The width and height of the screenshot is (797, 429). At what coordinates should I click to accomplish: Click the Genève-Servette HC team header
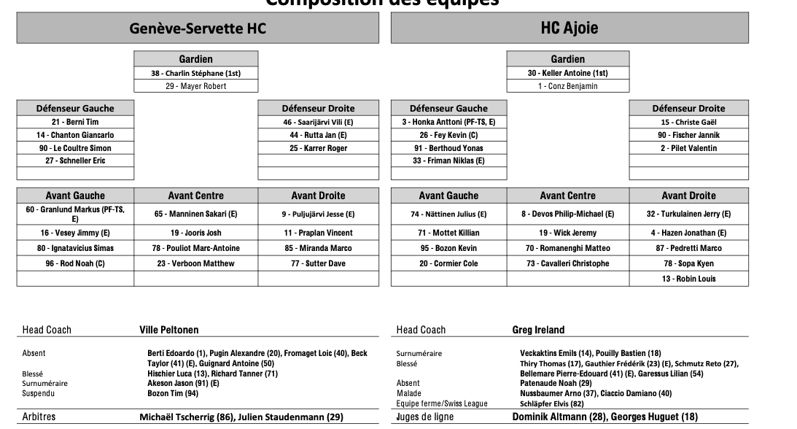click(x=198, y=28)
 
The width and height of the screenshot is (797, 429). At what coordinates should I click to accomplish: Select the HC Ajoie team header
click(x=569, y=28)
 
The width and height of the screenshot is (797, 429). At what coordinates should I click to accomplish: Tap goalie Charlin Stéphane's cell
click(x=196, y=73)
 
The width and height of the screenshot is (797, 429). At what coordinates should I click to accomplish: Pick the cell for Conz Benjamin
click(x=568, y=86)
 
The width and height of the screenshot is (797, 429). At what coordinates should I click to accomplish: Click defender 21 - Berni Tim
click(x=75, y=123)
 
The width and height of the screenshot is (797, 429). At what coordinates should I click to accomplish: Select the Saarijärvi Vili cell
click(x=318, y=123)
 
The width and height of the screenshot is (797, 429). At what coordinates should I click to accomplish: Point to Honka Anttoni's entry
click(x=448, y=123)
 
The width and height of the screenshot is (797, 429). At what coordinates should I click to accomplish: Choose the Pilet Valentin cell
click(x=688, y=148)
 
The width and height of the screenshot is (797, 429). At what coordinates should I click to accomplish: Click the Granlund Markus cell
click(x=75, y=214)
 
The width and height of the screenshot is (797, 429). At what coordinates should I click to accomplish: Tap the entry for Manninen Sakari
click(x=195, y=214)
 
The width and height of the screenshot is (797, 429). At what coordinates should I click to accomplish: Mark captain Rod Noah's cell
click(x=75, y=263)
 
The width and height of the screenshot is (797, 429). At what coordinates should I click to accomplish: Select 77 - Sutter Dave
click(x=318, y=263)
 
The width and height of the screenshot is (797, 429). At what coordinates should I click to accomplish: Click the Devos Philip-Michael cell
click(x=567, y=214)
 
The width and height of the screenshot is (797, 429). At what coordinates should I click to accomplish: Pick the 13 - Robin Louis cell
click(x=688, y=279)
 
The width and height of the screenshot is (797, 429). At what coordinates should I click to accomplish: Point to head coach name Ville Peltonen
click(x=169, y=330)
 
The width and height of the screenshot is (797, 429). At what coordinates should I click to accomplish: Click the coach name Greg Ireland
click(x=538, y=330)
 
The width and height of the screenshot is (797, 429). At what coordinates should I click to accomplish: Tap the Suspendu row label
click(x=39, y=393)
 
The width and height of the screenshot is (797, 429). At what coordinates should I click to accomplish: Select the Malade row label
click(x=408, y=393)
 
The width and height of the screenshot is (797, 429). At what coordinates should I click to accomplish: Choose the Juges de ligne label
click(x=424, y=417)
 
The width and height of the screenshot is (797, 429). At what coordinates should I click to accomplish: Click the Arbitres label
click(x=39, y=417)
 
